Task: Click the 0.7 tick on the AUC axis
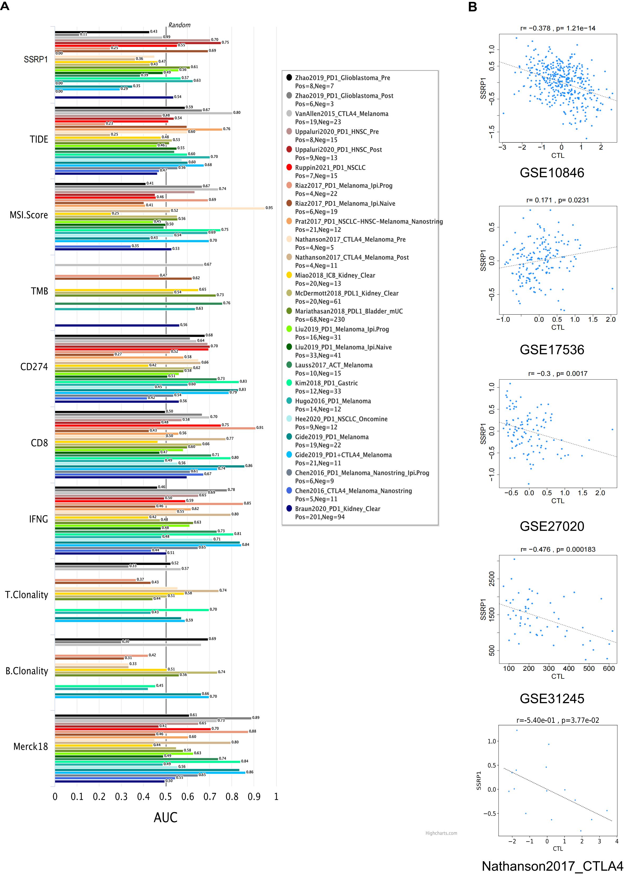coord(210,796)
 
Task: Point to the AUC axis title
coord(166,818)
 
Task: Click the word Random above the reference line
coord(179,25)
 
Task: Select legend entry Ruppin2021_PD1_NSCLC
coord(330,168)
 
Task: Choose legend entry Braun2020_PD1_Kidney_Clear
coord(337,509)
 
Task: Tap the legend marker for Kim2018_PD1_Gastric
coord(289,383)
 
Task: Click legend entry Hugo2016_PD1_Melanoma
coord(333,401)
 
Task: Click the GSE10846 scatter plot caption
coord(552,173)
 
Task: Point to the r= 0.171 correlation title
coord(557,200)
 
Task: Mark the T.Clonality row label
coord(27,595)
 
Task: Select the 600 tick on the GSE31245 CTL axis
coord(609,669)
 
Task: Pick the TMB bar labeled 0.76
coord(138,303)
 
